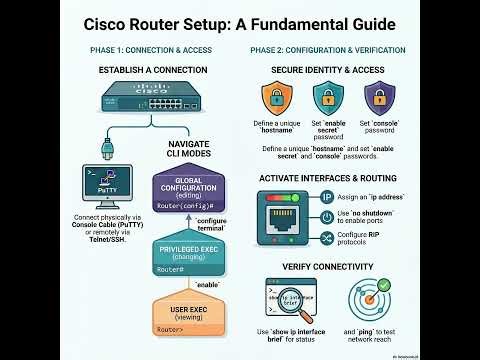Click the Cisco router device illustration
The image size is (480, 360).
pyautogui.click(x=151, y=101)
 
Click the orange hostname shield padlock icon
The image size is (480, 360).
pyautogui.click(x=277, y=98)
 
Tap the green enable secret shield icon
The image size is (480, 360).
pyautogui.click(x=326, y=98)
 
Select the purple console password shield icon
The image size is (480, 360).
pyautogui.click(x=377, y=98)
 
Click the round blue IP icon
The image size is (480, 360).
pyautogui.click(x=328, y=197)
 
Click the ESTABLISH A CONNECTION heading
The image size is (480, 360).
pyautogui.click(x=153, y=70)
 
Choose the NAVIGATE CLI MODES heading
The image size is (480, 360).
pyautogui.click(x=189, y=150)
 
